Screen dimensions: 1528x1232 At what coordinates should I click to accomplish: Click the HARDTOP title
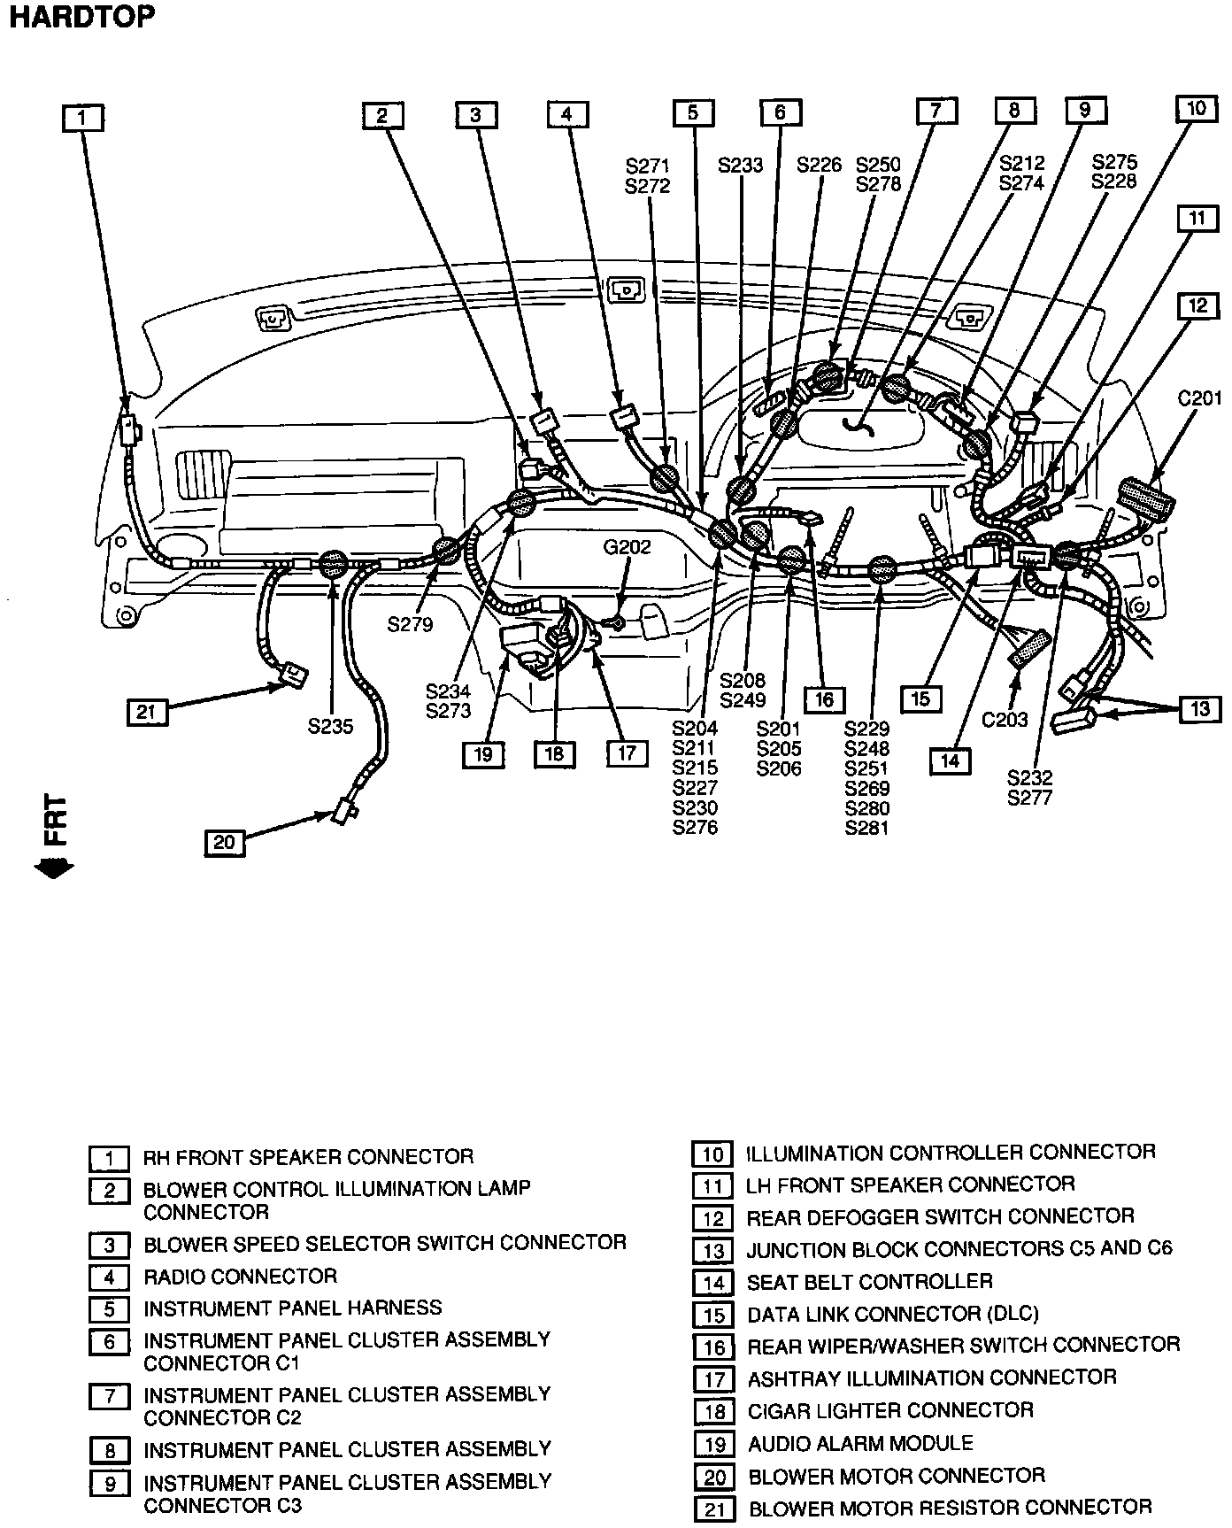(81, 18)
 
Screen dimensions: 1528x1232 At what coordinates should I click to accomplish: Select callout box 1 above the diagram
(82, 118)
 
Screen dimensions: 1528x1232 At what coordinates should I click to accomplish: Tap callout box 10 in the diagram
(1196, 109)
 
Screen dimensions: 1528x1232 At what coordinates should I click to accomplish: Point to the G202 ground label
(627, 547)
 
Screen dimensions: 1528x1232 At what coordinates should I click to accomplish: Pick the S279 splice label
(410, 624)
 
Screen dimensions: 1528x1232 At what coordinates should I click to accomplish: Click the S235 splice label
(330, 726)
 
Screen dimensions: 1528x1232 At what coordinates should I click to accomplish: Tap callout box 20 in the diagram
(225, 841)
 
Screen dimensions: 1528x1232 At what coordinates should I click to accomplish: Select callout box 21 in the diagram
(146, 712)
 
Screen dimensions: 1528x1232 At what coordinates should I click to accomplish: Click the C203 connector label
(1005, 719)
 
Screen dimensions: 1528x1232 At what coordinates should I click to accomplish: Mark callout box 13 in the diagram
(1200, 708)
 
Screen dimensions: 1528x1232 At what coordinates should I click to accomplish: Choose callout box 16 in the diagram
(824, 699)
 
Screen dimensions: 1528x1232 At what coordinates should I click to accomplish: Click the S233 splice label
(740, 165)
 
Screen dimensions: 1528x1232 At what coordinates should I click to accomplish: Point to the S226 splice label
(819, 165)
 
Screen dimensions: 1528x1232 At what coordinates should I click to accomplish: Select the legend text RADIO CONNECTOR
(240, 1276)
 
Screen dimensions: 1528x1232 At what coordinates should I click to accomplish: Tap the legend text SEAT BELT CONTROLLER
(869, 1281)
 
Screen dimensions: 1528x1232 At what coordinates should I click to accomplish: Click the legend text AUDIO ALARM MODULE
(860, 1443)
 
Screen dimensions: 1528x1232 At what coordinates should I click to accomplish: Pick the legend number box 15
(713, 1316)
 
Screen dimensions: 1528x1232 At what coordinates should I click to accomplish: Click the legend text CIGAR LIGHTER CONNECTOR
(890, 1410)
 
